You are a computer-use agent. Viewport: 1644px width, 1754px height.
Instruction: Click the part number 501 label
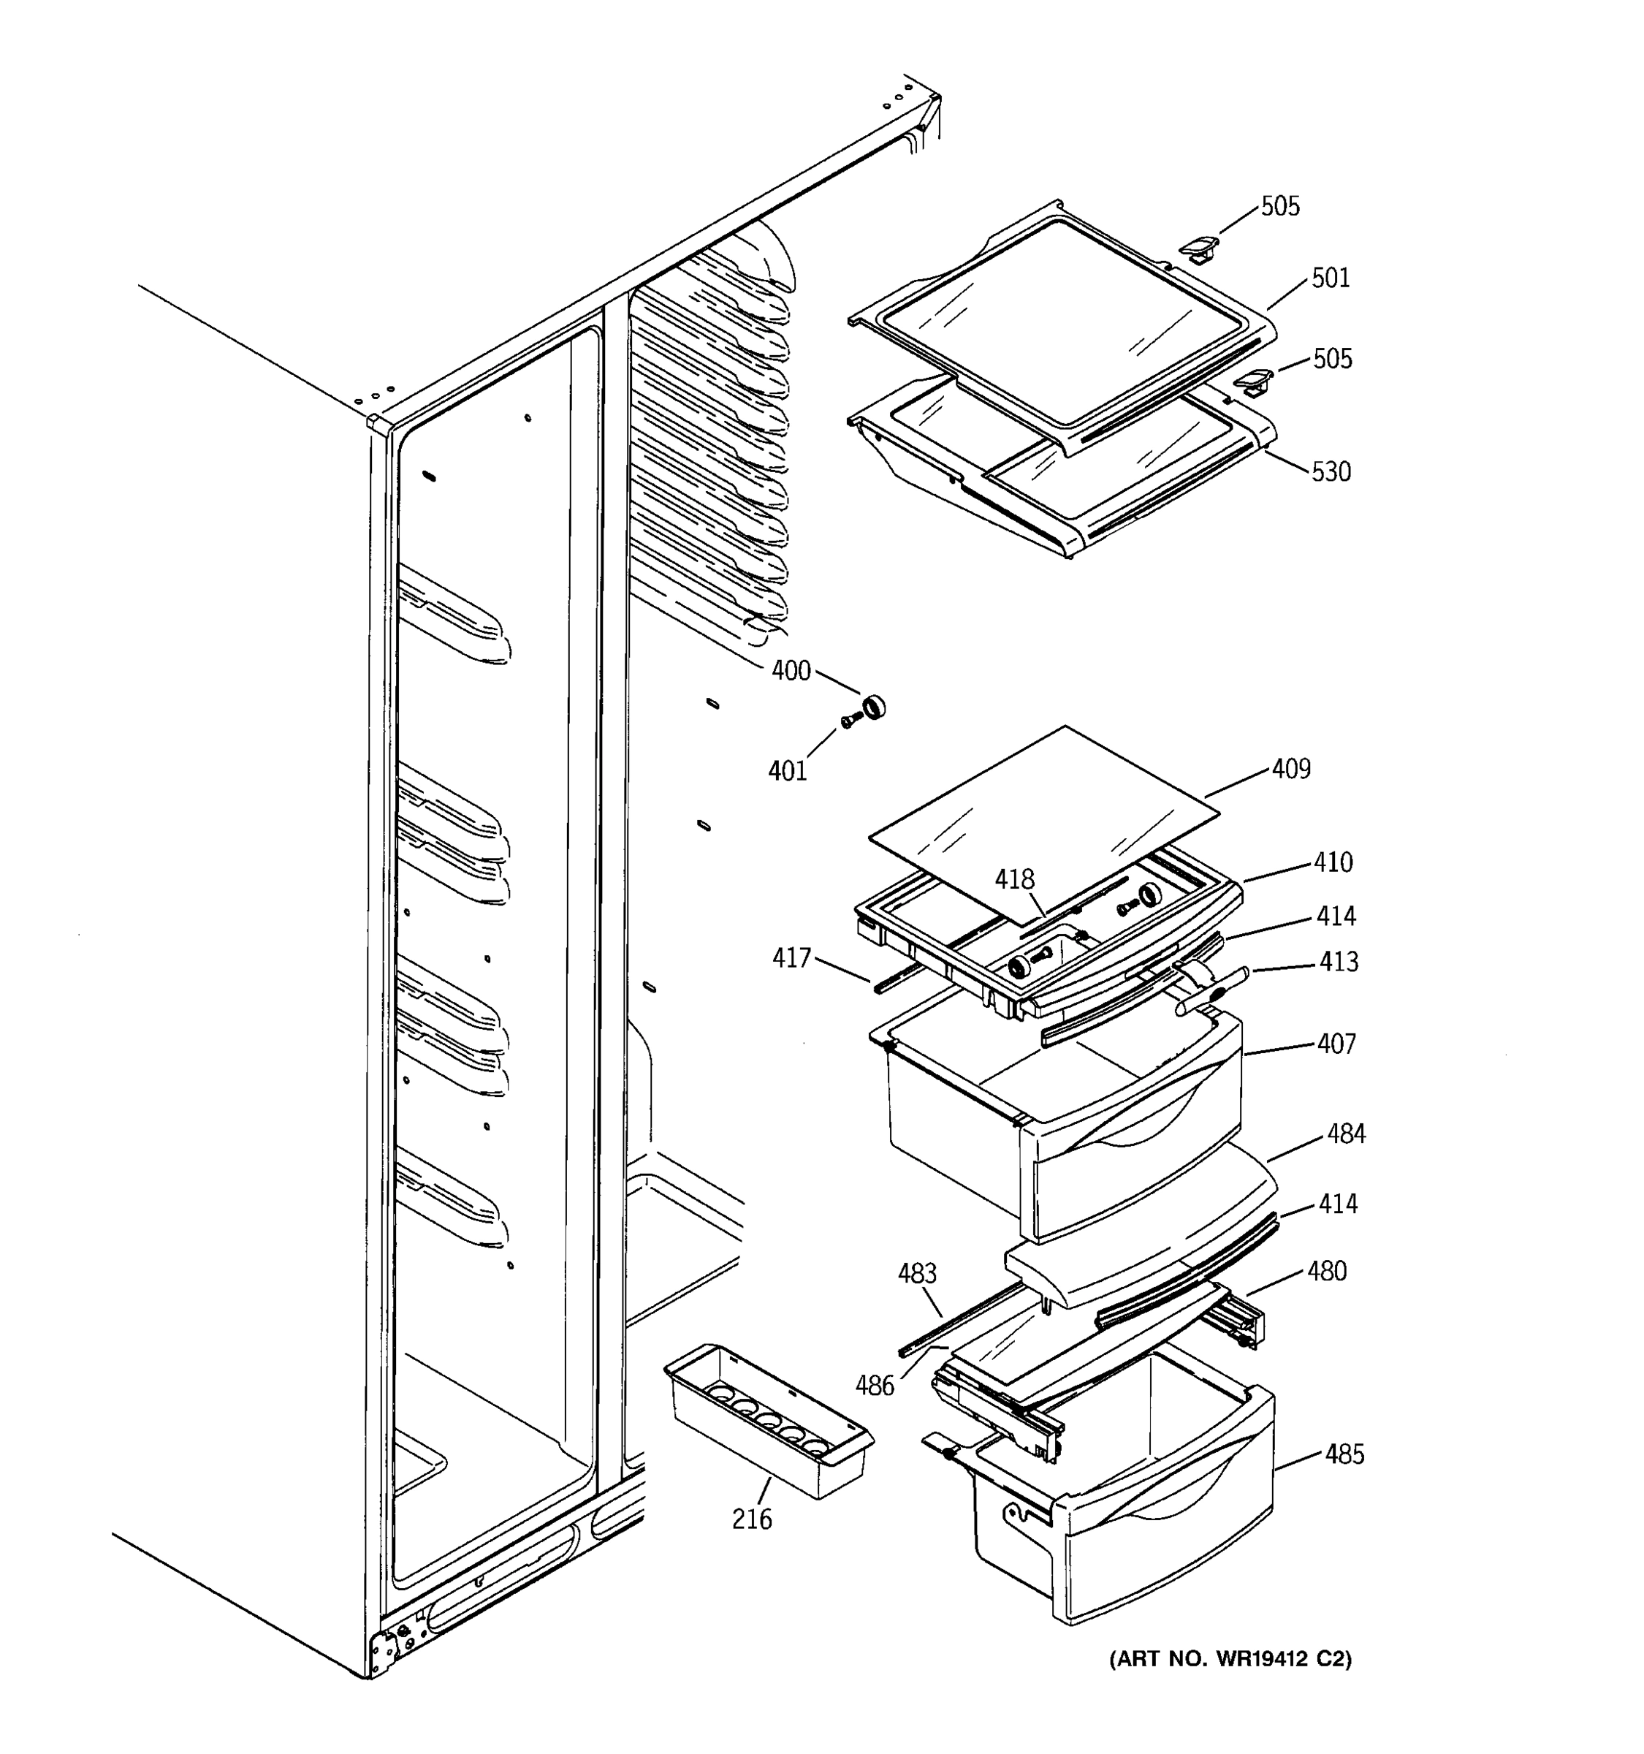tap(1330, 278)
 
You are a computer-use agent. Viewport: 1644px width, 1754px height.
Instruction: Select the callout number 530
tap(1330, 472)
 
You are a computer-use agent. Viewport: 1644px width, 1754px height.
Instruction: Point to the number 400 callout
tap(791, 672)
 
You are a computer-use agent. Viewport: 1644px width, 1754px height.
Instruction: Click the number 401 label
tap(787, 771)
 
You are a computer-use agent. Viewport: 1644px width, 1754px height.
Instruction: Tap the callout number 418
tap(1014, 880)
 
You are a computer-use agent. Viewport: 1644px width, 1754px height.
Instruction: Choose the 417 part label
tap(791, 958)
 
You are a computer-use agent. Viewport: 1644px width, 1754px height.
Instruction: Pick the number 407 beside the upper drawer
tap(1336, 1044)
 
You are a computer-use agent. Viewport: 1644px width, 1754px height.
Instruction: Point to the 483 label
tap(917, 1274)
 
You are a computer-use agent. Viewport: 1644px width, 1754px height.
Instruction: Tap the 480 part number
tap(1326, 1272)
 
